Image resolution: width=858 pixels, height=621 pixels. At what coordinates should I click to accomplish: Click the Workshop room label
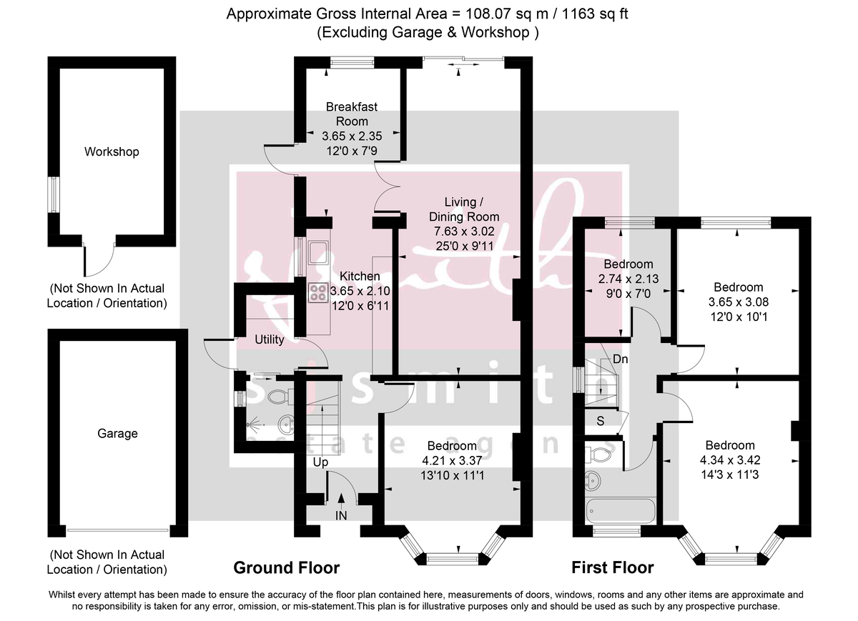(112, 151)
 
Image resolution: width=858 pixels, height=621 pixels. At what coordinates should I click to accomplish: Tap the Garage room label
(117, 433)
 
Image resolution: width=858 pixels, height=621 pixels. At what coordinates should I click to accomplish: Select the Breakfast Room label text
(351, 114)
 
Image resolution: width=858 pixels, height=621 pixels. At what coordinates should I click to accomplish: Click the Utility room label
(270, 339)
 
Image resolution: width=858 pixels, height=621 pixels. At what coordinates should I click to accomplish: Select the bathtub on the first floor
(620, 510)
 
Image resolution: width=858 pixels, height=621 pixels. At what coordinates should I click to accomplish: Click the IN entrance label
(341, 515)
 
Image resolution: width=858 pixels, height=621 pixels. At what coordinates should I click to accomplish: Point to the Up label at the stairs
(320, 462)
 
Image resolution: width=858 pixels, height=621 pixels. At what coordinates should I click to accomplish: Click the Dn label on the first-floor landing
(621, 359)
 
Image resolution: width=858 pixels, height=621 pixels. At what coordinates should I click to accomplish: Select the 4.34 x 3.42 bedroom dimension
(729, 459)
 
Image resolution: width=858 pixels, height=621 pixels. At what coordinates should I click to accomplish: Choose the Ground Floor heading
(286, 568)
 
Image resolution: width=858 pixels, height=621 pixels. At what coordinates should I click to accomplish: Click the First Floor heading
(612, 568)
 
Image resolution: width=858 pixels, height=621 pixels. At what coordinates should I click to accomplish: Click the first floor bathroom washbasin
(595, 479)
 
